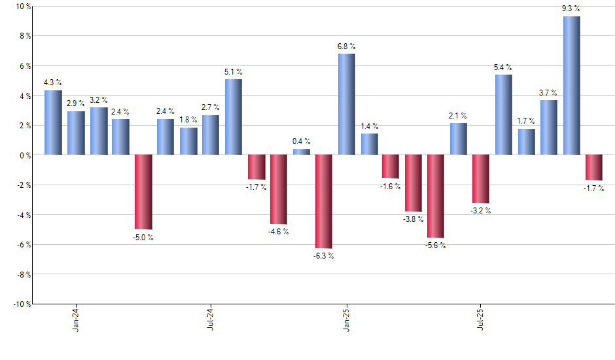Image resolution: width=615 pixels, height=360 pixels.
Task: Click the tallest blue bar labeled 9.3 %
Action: click(x=571, y=86)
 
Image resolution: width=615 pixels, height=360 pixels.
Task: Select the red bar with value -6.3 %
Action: click(x=324, y=202)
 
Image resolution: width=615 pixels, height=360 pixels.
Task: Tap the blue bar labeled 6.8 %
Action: click(x=347, y=104)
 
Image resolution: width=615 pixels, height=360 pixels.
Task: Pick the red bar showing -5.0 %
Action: click(x=143, y=192)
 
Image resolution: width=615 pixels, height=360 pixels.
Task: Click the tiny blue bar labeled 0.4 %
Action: click(x=302, y=152)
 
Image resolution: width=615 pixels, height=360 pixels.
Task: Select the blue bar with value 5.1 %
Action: click(x=234, y=117)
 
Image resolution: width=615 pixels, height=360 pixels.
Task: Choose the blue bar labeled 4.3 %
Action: click(x=53, y=122)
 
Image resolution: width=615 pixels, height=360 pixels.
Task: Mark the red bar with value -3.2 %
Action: click(x=481, y=179)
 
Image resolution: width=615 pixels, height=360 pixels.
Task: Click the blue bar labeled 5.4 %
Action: click(x=504, y=115)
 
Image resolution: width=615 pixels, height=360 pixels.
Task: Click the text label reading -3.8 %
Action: click(x=413, y=219)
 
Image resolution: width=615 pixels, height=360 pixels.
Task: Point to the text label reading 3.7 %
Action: click(x=549, y=92)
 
